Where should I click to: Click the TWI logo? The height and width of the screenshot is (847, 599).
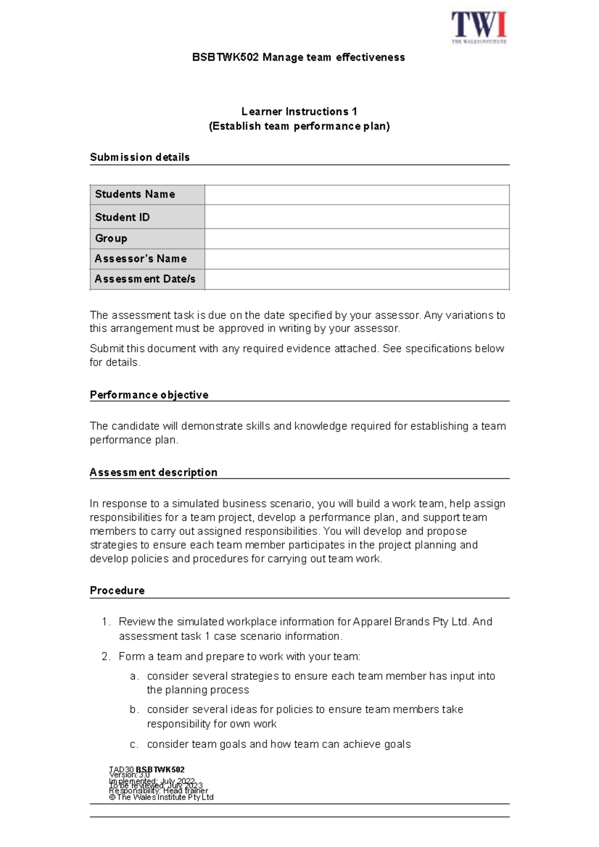pos(479,27)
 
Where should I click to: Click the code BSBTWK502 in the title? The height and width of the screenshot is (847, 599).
pos(226,57)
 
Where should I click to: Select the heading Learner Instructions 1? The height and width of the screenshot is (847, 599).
pos(299,111)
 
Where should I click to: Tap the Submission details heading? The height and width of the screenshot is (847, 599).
pos(140,157)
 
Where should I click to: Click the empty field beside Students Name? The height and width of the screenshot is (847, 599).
pos(356,195)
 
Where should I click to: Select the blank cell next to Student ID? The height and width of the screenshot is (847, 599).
pos(356,217)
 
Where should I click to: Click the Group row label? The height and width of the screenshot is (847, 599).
pos(111,238)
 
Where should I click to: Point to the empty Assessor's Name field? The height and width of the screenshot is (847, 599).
pos(356,259)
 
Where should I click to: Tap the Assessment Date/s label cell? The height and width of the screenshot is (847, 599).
pos(145,279)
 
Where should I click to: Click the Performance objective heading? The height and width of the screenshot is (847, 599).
pos(149,395)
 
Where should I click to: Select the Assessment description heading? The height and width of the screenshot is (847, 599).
pos(153,472)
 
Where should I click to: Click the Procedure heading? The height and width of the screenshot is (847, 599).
pos(117,590)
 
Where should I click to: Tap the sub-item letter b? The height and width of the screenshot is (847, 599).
pos(133,709)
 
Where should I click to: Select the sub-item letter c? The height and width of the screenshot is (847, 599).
pos(133,744)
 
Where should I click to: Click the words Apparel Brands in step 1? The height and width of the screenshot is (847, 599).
pos(391,622)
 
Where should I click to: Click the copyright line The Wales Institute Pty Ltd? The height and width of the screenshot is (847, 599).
pos(161,797)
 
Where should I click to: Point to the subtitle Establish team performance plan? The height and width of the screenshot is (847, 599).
pos(299,126)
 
